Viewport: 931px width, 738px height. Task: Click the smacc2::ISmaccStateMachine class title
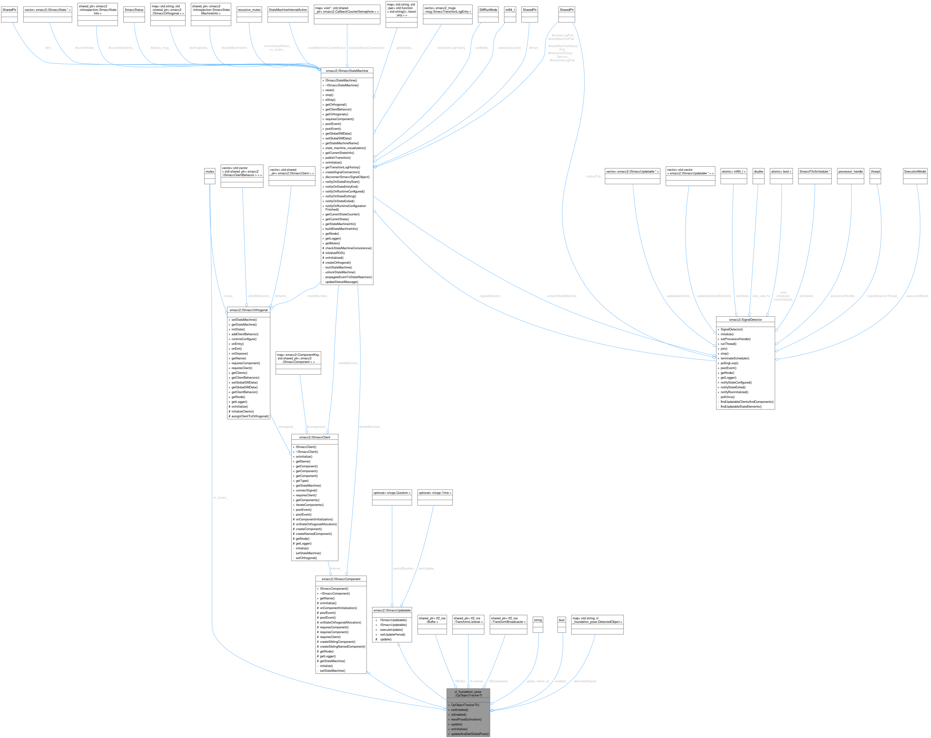[x=347, y=71]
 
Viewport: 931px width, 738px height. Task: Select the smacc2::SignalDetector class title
[x=745, y=320]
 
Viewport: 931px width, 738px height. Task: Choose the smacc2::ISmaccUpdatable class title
[x=392, y=610]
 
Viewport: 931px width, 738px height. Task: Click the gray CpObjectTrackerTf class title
[x=468, y=694]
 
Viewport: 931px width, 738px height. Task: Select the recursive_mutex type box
[x=249, y=9]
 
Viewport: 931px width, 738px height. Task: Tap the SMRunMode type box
[x=488, y=9]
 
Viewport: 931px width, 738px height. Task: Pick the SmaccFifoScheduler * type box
[x=814, y=171]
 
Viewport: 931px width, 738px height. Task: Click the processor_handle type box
[x=850, y=171]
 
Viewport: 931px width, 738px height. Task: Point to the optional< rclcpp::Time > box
[x=435, y=493]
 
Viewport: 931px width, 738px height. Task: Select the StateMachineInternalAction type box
[x=288, y=9]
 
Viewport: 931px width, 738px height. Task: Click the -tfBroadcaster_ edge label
[x=499, y=681]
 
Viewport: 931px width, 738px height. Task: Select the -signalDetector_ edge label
[x=490, y=296]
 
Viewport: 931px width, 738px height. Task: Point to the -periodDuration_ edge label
[x=403, y=568]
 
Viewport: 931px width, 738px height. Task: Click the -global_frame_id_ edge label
[x=537, y=681]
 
